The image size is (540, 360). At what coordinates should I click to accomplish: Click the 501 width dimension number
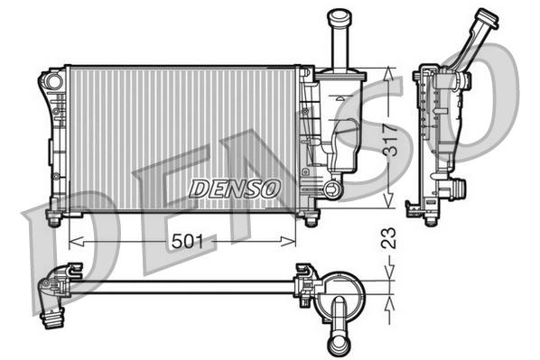point(188,241)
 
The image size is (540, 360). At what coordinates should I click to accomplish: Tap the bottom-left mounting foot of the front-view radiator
point(53,219)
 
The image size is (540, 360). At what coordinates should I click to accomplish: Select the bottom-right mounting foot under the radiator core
point(311,220)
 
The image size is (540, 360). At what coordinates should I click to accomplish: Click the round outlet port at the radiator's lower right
point(333,189)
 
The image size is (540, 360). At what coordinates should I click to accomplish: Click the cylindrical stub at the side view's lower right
point(458,189)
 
